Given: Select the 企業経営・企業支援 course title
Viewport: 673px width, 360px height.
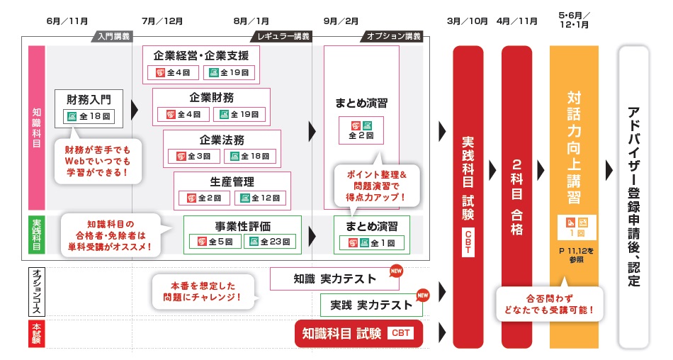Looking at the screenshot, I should (x=200, y=55).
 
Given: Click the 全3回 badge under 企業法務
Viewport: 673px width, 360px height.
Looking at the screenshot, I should (x=189, y=156).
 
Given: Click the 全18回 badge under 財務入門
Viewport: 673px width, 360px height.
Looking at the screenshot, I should (x=89, y=116).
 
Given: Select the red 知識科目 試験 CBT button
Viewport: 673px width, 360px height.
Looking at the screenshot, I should (x=358, y=333).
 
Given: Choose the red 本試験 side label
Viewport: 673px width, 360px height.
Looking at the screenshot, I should (x=37, y=333).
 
